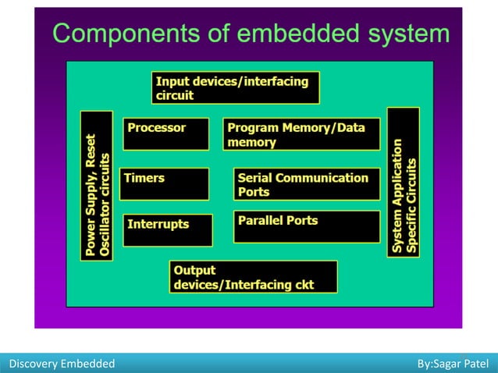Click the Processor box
click(165, 133)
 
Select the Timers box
click(164, 184)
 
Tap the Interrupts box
click(167, 230)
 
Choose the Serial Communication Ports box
click(307, 184)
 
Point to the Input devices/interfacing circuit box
click(235, 87)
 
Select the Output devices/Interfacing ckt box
click(254, 277)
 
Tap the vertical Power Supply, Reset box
click(97, 185)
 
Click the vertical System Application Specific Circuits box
click(403, 184)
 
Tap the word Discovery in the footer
click(31, 364)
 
